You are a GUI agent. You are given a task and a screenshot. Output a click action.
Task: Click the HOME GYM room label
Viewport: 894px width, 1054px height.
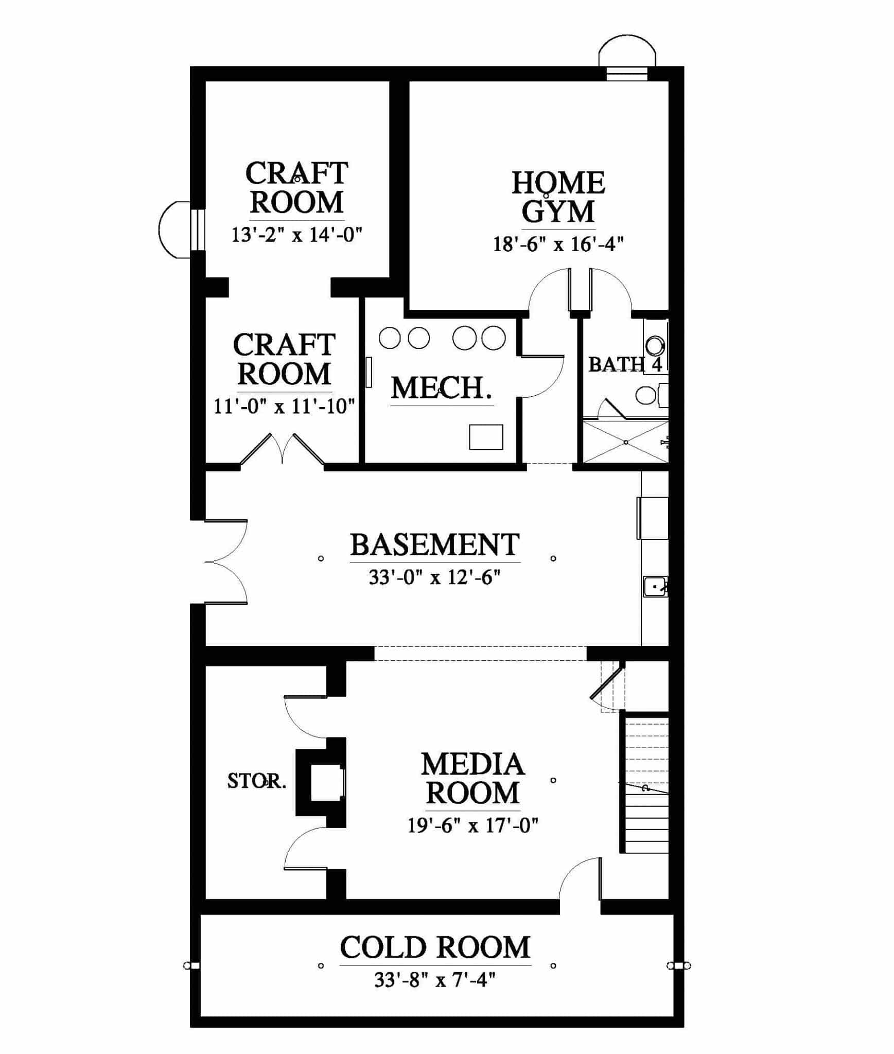tap(558, 197)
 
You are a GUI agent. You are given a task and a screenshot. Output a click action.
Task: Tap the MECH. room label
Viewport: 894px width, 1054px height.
tap(442, 389)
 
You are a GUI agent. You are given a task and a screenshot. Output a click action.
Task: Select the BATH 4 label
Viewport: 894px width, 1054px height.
tap(625, 364)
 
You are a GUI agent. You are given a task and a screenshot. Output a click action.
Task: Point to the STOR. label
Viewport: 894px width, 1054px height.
tap(257, 781)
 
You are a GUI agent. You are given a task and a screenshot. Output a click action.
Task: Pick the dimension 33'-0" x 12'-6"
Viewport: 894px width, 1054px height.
tap(435, 578)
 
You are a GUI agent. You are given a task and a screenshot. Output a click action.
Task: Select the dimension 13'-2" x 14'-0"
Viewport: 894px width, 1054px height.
tap(297, 235)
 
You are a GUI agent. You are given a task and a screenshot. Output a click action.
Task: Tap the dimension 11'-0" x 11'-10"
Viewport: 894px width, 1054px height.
tap(284, 407)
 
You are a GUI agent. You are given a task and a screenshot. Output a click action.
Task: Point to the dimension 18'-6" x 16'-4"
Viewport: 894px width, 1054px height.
tap(558, 244)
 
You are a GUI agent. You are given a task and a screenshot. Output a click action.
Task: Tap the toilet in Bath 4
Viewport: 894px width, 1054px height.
tap(651, 395)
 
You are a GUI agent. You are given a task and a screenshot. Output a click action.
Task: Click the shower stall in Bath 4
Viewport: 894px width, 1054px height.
tap(625, 442)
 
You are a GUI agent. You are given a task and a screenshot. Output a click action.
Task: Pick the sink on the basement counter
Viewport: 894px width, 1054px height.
tap(656, 586)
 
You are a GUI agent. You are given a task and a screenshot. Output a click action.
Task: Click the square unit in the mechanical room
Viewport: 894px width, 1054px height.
tap(486, 437)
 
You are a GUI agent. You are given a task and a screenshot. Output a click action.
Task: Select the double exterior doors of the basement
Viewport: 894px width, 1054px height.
tap(226, 561)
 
